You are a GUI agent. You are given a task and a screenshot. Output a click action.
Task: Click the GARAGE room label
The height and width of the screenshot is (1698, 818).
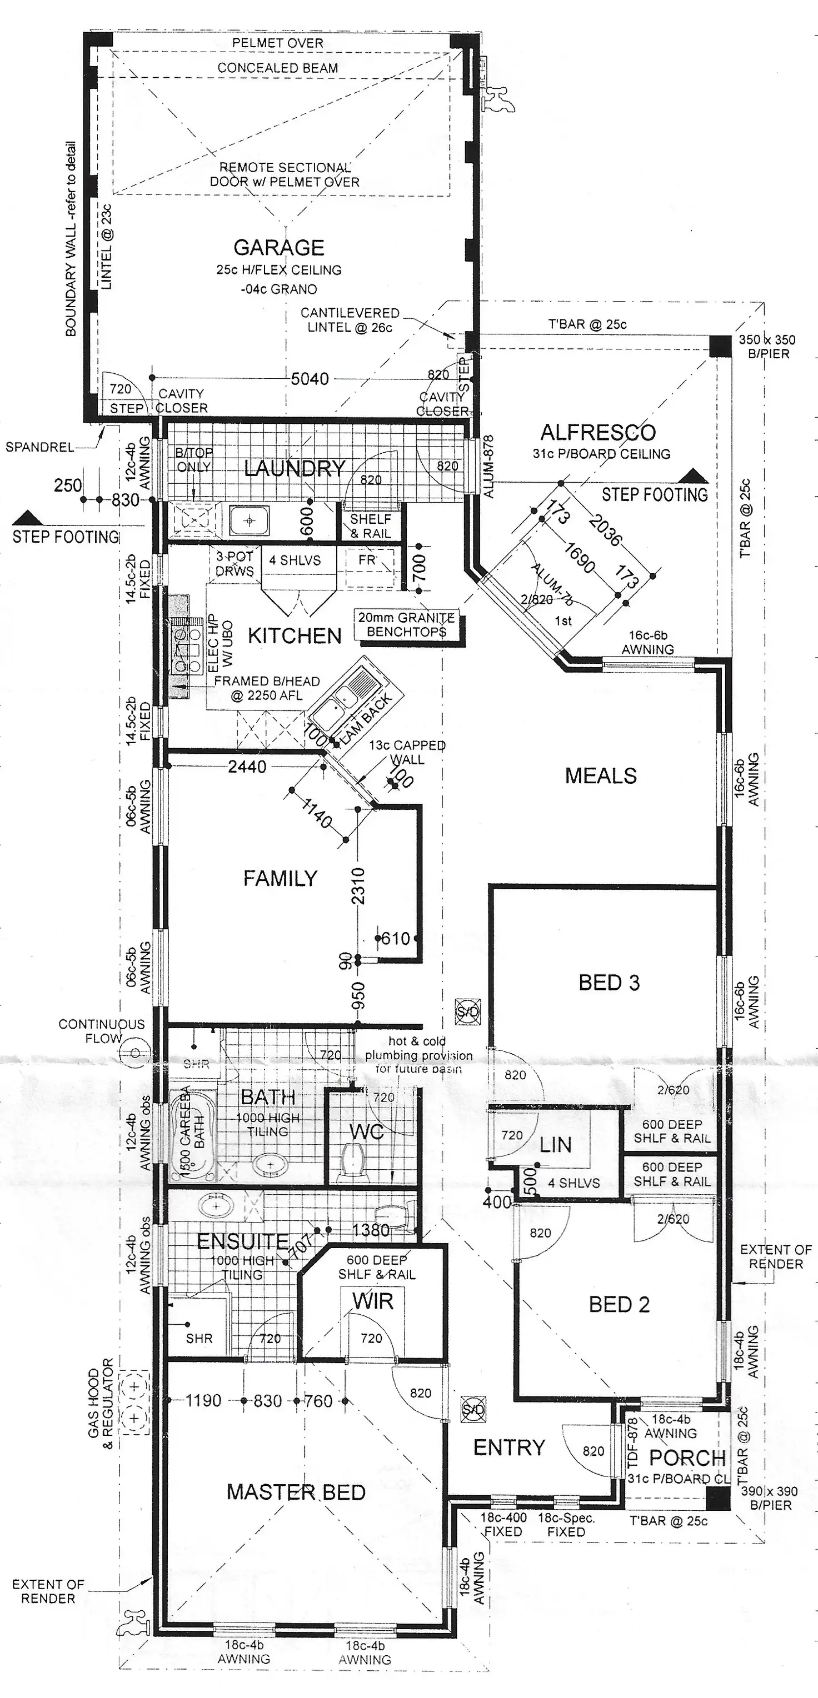pos(278,248)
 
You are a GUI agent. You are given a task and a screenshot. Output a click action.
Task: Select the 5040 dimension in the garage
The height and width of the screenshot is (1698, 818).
pos(310,379)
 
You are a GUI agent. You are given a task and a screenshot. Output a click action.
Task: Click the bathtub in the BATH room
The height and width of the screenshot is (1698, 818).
pos(191,1134)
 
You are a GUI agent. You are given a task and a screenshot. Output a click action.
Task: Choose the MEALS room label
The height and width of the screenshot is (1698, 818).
pos(600,776)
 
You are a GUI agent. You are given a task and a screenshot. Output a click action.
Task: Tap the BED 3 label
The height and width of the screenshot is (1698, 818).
pos(609,983)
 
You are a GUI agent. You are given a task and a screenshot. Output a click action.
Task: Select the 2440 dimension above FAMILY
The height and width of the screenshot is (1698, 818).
pos(247,767)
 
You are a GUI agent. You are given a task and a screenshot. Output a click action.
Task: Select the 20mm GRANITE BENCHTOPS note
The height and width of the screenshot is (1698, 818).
pos(406,625)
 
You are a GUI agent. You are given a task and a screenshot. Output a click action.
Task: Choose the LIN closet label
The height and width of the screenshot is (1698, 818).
pos(556,1145)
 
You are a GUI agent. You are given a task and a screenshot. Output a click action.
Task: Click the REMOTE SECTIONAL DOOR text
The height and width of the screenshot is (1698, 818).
pos(285,174)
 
